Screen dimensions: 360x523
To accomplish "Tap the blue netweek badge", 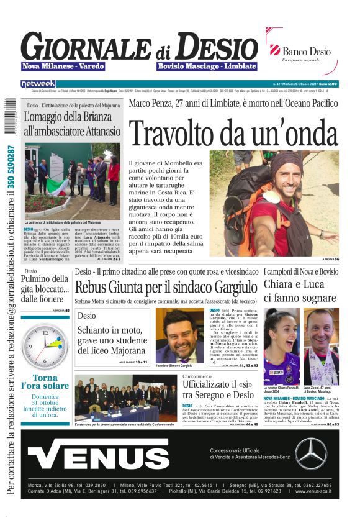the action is [38, 83].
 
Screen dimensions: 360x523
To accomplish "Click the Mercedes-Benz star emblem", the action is [310, 454].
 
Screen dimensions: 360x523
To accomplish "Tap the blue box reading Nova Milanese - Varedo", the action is [63, 66].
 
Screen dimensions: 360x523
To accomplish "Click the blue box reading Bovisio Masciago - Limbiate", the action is [207, 66].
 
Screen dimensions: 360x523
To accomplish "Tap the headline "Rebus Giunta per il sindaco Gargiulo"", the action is [166, 288].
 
